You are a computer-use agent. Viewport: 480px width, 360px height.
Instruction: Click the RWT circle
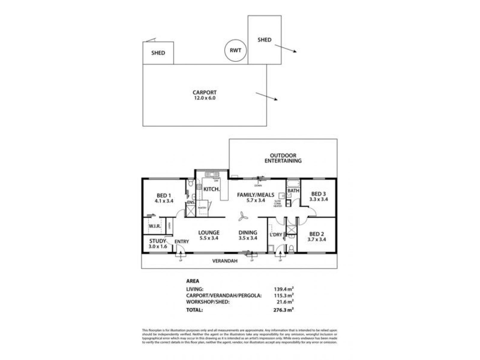(235, 50)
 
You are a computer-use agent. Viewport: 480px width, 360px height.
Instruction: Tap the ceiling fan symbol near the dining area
(243, 217)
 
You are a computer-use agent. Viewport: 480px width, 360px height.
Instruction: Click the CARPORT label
(204, 93)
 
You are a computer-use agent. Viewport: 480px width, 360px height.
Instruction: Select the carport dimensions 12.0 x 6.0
(204, 98)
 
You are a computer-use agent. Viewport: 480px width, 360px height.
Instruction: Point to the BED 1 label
(164, 196)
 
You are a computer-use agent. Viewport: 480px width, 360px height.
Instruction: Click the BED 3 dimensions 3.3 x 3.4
(318, 199)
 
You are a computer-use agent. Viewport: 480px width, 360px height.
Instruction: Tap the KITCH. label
(212, 189)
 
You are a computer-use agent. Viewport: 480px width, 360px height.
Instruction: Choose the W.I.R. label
(155, 226)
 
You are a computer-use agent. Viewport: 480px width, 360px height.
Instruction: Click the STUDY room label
(157, 241)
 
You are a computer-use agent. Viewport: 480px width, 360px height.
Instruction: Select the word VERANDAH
(225, 261)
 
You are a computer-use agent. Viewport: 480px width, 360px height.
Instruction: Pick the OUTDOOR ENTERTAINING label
(283, 158)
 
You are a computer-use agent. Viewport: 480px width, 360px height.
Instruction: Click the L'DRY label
(276, 235)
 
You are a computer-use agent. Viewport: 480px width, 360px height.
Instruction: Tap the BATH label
(293, 190)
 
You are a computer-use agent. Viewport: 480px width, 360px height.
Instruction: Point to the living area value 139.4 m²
(283, 289)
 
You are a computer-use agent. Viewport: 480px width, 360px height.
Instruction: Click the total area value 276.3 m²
(283, 310)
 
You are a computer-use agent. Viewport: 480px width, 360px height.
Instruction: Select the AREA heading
(193, 281)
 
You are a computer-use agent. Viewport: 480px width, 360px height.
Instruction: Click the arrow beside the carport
(267, 97)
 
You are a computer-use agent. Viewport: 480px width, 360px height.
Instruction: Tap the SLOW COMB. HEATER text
(278, 204)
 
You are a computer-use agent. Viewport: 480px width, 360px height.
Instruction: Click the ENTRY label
(181, 242)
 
